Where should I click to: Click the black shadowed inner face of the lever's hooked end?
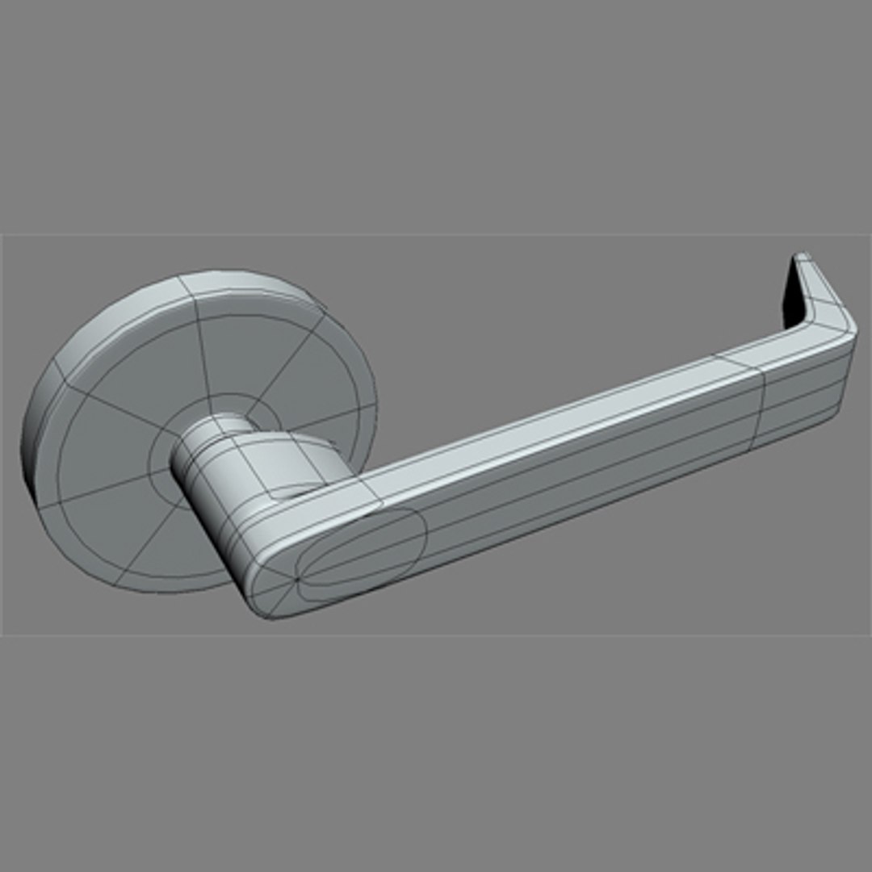[x=794, y=300]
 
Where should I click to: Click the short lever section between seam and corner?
[x=799, y=396]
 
